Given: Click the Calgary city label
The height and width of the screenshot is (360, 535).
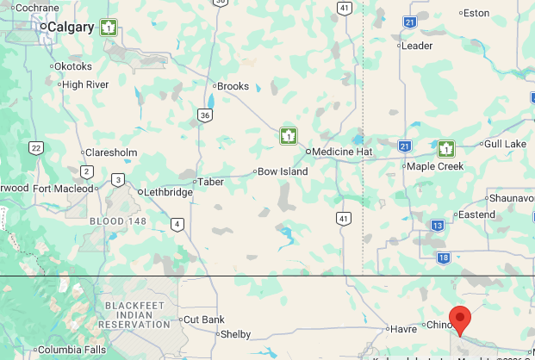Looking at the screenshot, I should pos(70,28).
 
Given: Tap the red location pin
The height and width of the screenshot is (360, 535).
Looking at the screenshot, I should pos(461,320).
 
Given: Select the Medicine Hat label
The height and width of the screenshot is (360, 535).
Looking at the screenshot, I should pos(341,152).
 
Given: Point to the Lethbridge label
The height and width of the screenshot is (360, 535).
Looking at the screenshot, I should pos(168,192).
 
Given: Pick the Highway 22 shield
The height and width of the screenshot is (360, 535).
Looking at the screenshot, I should pos(35,147).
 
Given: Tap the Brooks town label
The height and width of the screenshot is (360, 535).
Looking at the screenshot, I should pos(233,86).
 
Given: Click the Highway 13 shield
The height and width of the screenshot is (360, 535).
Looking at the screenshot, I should pos(438,226).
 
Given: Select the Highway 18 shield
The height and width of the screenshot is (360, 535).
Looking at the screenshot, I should pos(443,258).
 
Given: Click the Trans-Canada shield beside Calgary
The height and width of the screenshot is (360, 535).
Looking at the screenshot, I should pos(109,28).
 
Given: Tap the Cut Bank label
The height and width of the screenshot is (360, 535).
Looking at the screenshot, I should pos(204,320).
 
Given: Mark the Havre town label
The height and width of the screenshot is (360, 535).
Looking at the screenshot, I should pos(403,328).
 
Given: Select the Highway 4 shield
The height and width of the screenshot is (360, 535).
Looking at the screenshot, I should pos(177,225).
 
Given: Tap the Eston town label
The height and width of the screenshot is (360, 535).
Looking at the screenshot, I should pos(476,13).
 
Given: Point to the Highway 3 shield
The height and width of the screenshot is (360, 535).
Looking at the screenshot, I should pos(117,179).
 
